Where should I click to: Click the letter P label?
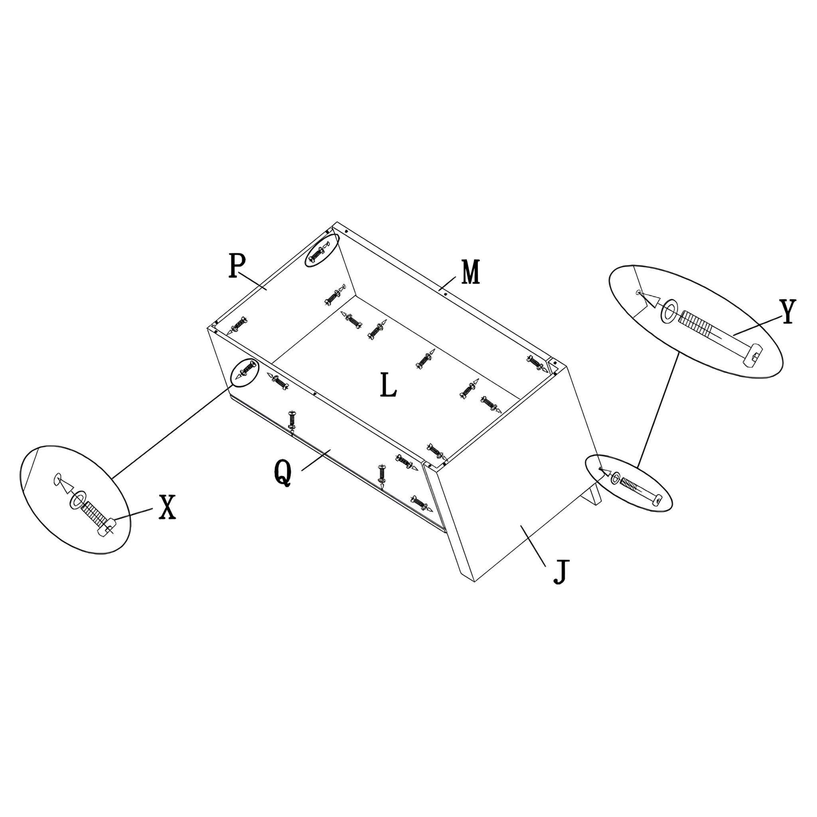pyautogui.click(x=237, y=265)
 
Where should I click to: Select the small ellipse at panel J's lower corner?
pyautogui.click(x=629, y=483)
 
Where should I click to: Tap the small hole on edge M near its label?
pyautogui.click(x=441, y=289)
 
